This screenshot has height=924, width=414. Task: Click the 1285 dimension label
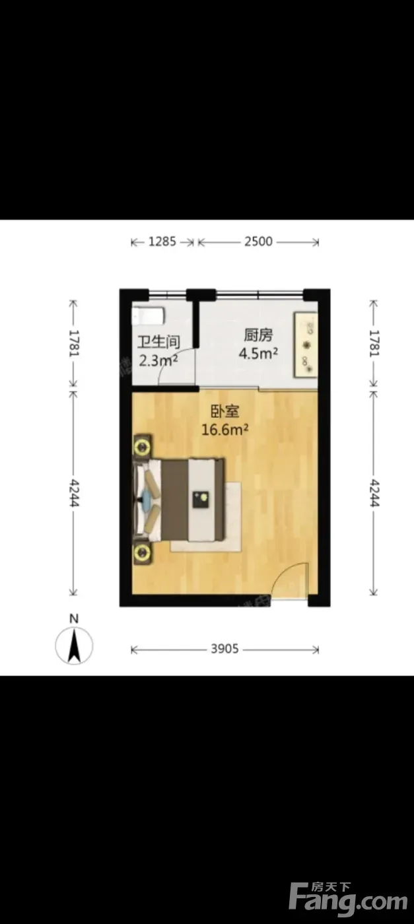162,242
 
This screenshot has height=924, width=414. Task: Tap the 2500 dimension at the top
258,242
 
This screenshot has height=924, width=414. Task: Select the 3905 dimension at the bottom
224,649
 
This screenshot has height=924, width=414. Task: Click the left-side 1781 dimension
75,343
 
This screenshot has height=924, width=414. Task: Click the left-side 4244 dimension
75,492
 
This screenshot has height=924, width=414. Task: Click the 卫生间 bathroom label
159,343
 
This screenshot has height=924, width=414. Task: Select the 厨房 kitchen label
258,335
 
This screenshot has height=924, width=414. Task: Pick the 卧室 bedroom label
225,411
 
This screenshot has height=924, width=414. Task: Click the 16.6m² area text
225,430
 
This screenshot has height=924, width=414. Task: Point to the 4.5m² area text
258,354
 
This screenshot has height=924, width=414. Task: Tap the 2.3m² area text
159,360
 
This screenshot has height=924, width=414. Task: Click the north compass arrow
75,645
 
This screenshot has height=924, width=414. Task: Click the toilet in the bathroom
149,316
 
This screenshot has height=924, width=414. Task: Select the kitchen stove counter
306,345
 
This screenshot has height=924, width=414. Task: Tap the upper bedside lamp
143,445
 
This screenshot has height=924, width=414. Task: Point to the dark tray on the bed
201,500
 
